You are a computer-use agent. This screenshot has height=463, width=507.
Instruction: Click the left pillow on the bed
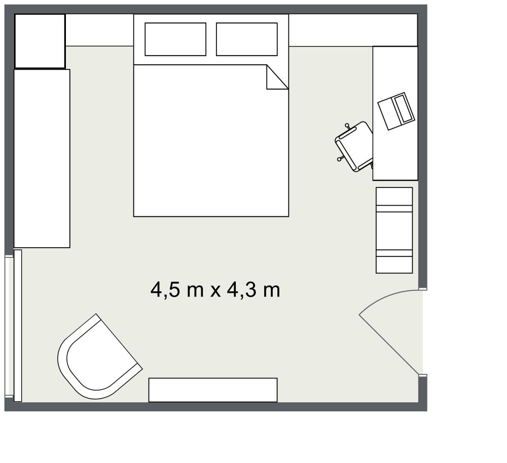pos(175,39)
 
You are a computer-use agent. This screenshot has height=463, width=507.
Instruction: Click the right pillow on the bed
pos(247,39)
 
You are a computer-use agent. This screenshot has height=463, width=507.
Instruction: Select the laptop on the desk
pos(396,111)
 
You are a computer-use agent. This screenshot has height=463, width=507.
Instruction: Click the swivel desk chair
pos(355,146)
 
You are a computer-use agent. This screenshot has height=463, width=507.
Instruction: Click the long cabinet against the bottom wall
pos(213,390)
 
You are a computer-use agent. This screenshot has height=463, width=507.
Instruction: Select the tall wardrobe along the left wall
pos(42,159)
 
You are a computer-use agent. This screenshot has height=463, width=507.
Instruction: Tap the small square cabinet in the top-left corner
pos(40,41)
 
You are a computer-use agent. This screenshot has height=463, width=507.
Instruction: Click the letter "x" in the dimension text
pos(215,291)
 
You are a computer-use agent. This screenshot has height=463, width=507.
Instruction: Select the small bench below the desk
pos(394,230)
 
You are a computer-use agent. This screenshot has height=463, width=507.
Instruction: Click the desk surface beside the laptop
pos(395,157)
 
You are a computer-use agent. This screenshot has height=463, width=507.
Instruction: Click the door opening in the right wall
pos(422,332)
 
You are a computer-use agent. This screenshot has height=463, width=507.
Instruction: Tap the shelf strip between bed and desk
pos(330,30)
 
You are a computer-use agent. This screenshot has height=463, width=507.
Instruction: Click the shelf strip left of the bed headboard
pos(99,30)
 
